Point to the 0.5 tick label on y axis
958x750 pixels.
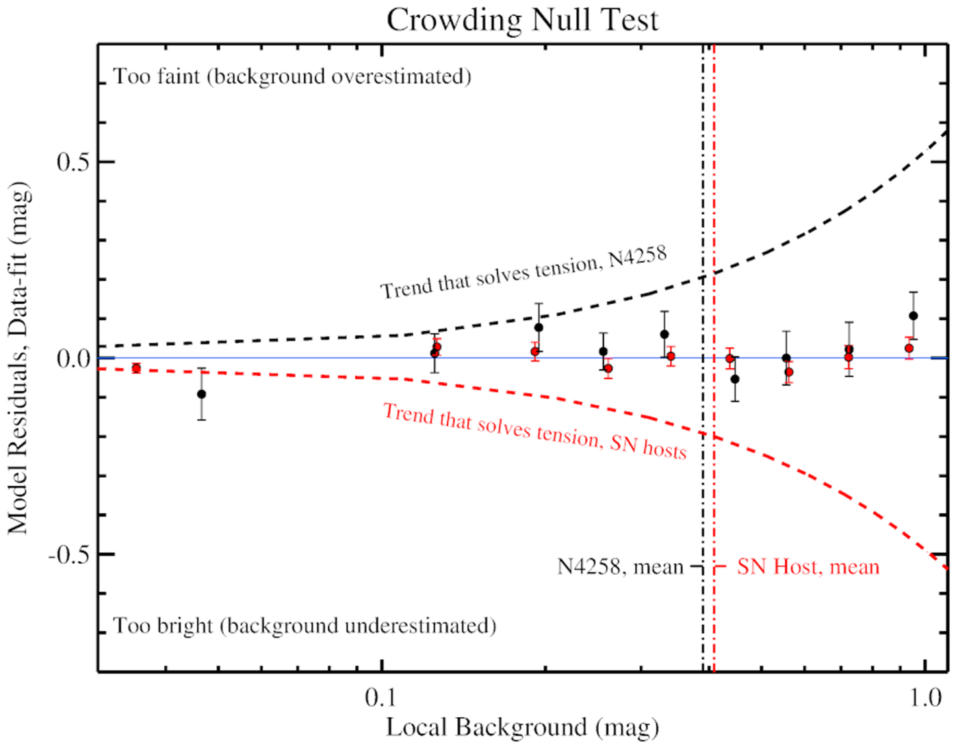73,162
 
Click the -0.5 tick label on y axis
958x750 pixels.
69,554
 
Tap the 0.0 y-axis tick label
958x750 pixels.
73,359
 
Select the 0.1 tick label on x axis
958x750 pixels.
380,697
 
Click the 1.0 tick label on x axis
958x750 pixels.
925,697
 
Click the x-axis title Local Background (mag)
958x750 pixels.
522,727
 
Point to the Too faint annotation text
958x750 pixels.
292,76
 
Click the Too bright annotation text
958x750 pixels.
305,626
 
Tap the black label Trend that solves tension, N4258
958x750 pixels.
523,272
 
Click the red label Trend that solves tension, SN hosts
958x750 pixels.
534,430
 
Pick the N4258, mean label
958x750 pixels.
620,567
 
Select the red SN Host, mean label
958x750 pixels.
807,567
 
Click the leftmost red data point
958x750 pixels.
136,368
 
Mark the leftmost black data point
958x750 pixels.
201,394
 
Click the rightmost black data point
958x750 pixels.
914,315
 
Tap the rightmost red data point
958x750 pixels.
909,348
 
